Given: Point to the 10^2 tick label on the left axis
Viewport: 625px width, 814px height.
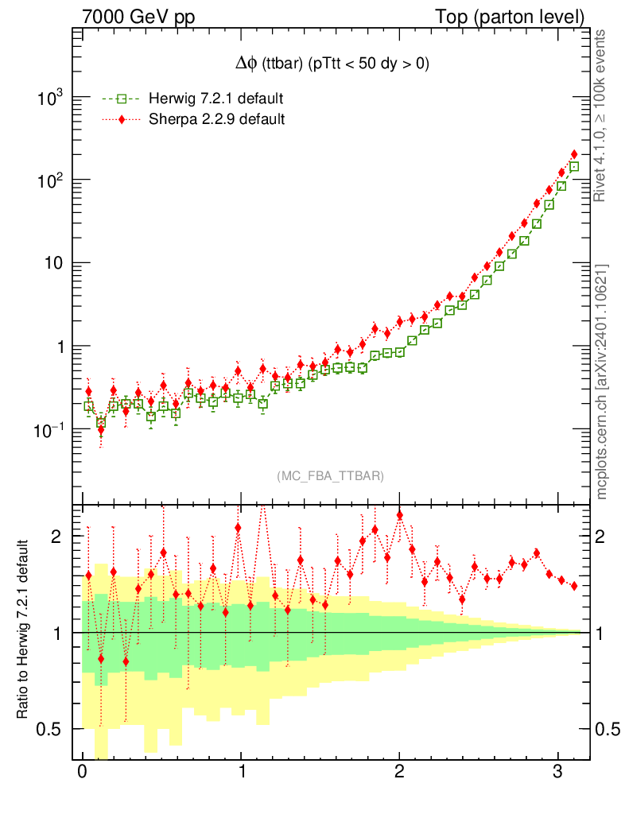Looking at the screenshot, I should coord(51,180).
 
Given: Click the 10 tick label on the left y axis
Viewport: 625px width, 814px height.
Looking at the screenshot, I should coord(54,263).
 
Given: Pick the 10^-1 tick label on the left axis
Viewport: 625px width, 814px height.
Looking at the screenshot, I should coord(49,429).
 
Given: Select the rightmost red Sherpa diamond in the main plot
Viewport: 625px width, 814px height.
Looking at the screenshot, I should coord(574,154).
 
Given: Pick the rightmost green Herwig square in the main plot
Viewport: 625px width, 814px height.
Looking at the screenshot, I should coord(574,167).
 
